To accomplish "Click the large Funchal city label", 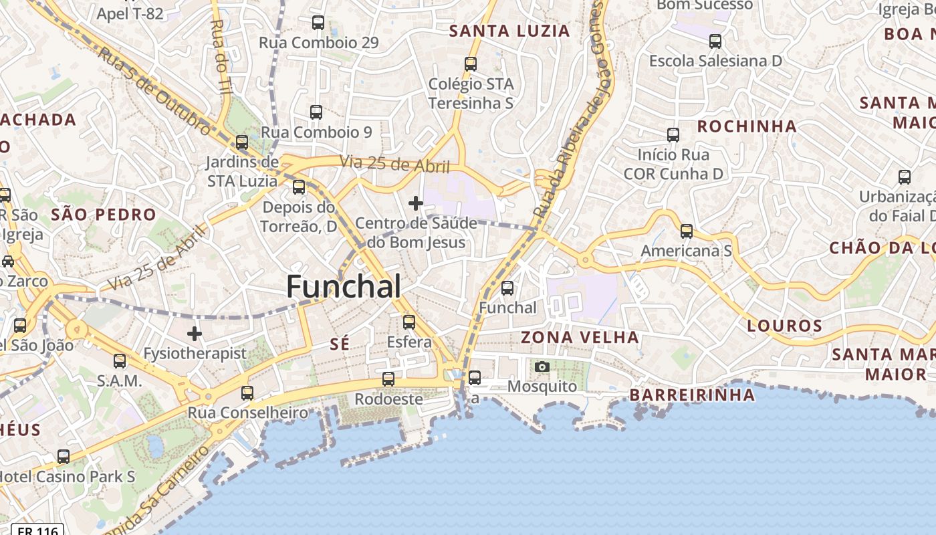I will pyautogui.click(x=344, y=287).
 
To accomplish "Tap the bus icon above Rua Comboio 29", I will pyautogui.click(x=318, y=23).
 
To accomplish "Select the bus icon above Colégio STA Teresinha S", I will pyautogui.click(x=471, y=64).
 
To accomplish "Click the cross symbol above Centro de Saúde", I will pyautogui.click(x=416, y=203).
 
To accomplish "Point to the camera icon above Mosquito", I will pyautogui.click(x=542, y=366).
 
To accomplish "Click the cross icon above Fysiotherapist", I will pyautogui.click(x=195, y=333).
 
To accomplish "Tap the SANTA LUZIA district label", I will pyautogui.click(x=509, y=31).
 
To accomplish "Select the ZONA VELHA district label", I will pyautogui.click(x=580, y=337).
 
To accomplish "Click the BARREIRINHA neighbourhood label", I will pyautogui.click(x=692, y=395).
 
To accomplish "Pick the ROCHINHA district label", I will pyautogui.click(x=747, y=126).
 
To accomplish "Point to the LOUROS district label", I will pyautogui.click(x=784, y=326).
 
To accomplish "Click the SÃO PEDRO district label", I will pyautogui.click(x=104, y=215).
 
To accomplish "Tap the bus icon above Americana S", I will pyautogui.click(x=687, y=231).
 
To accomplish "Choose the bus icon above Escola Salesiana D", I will pyautogui.click(x=715, y=41).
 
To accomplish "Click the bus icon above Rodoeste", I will pyautogui.click(x=388, y=379).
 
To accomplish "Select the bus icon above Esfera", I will pyautogui.click(x=409, y=322).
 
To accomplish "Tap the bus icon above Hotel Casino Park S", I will pyautogui.click(x=64, y=457).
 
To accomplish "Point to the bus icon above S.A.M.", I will pyautogui.click(x=120, y=361).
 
